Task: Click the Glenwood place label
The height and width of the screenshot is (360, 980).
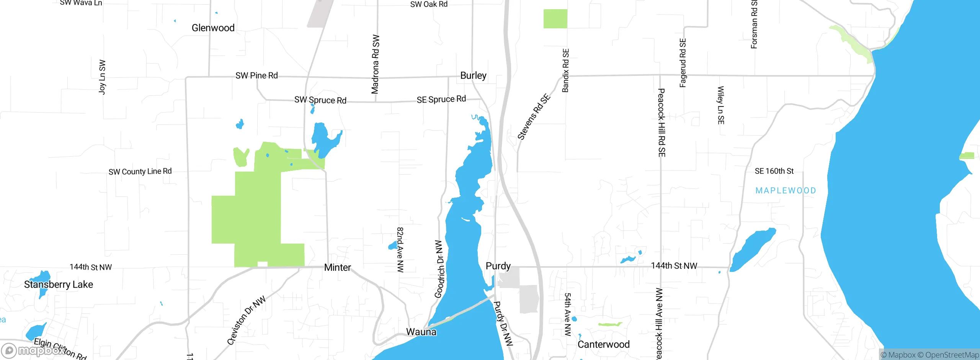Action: point(213,28)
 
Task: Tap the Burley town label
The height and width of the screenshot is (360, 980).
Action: point(473,75)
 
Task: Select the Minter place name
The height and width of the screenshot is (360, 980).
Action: point(337,267)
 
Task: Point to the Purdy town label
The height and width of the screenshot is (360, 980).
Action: point(498,266)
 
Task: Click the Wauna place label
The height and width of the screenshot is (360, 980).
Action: point(421,332)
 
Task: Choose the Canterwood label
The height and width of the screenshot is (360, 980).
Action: point(603,344)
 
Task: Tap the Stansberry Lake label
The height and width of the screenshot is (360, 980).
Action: point(59,285)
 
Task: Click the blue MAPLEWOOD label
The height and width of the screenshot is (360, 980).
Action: point(786,190)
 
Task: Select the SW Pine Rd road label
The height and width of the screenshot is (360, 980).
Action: point(256,75)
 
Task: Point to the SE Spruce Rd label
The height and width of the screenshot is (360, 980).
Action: point(441,100)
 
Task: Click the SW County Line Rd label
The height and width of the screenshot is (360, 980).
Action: point(140,172)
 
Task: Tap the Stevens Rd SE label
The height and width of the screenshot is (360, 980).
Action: point(534,116)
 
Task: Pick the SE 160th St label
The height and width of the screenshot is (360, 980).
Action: point(774,171)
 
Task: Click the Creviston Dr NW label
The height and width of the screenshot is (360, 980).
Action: point(246,320)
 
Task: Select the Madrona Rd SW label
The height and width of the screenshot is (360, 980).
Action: point(376,64)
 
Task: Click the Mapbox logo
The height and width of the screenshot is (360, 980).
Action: point(33,350)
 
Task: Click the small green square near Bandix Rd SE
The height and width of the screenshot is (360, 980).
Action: point(555,19)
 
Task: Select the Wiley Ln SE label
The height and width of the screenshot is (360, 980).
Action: point(720,105)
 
